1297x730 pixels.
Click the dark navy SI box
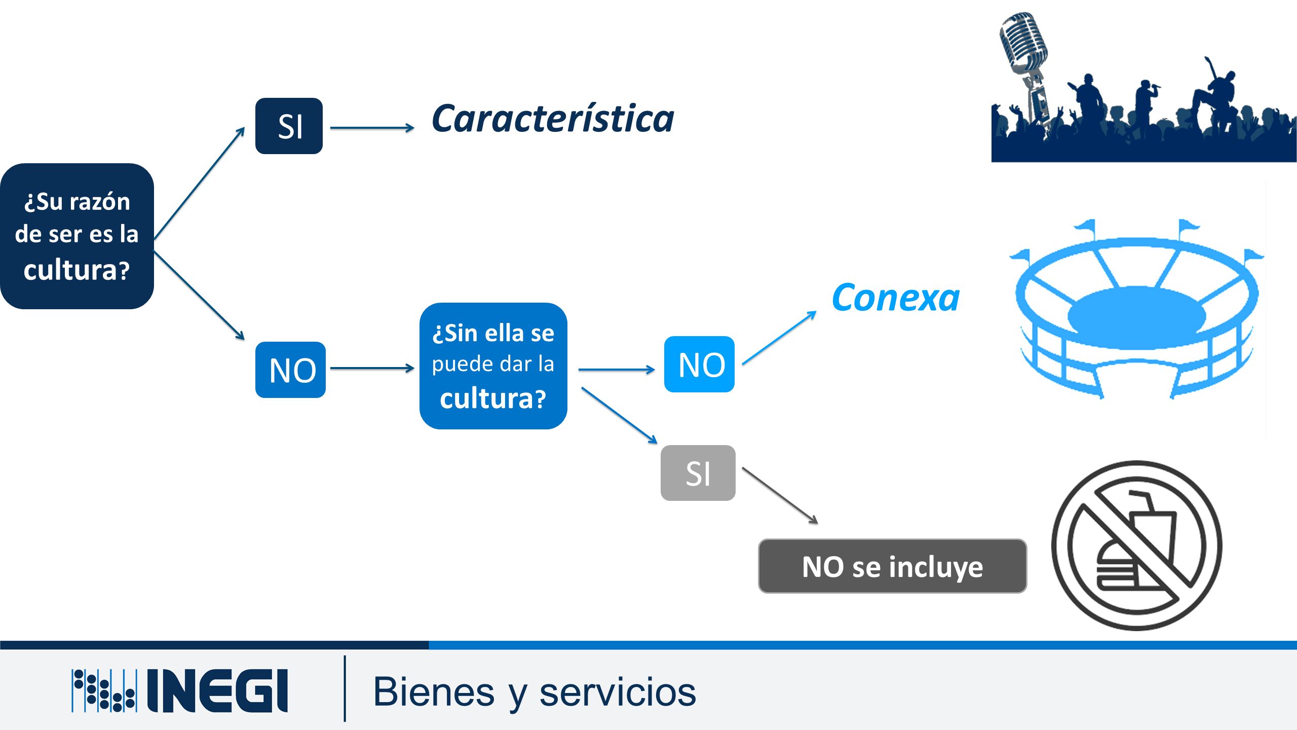click(x=289, y=126)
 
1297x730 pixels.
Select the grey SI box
click(x=698, y=473)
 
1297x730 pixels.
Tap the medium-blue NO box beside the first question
click(x=290, y=370)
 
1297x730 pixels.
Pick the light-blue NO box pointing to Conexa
click(x=699, y=364)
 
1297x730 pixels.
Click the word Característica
click(x=553, y=119)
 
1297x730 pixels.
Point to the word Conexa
click(x=895, y=298)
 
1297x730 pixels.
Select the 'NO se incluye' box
click(x=892, y=566)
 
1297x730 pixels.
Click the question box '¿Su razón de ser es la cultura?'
click(x=77, y=236)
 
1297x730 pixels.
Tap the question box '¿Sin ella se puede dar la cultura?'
click(x=493, y=366)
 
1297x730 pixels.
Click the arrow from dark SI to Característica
click(x=372, y=128)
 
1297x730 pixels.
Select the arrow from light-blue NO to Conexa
click(x=779, y=338)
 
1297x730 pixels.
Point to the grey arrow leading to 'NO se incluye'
click(x=780, y=495)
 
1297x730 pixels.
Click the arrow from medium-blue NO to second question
click(x=372, y=368)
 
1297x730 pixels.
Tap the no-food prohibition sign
click(x=1136, y=545)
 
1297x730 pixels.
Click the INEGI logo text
click(x=217, y=690)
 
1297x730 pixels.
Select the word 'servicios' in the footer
click(x=618, y=692)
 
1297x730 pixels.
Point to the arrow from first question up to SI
click(x=199, y=183)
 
